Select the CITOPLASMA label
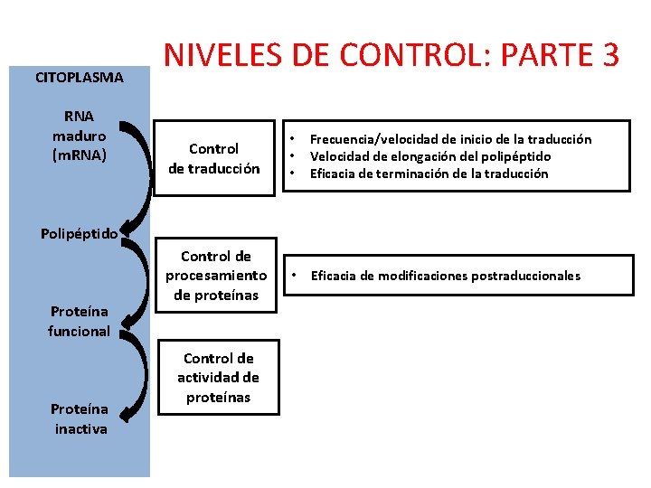80,78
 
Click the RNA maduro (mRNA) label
80,136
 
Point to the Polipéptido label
80,233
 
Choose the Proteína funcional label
80,322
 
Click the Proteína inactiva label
80,419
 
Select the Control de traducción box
213,158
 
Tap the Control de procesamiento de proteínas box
216,276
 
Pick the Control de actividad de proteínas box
218,378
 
